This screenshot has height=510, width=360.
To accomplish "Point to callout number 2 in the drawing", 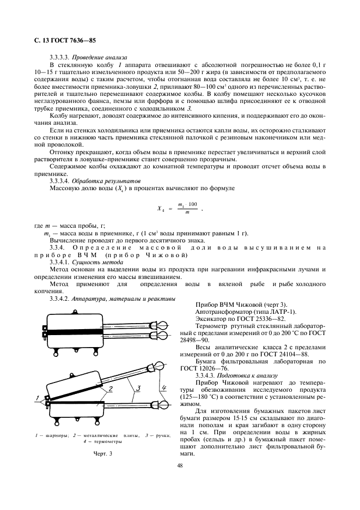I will pyautogui.click(x=110, y=388).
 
